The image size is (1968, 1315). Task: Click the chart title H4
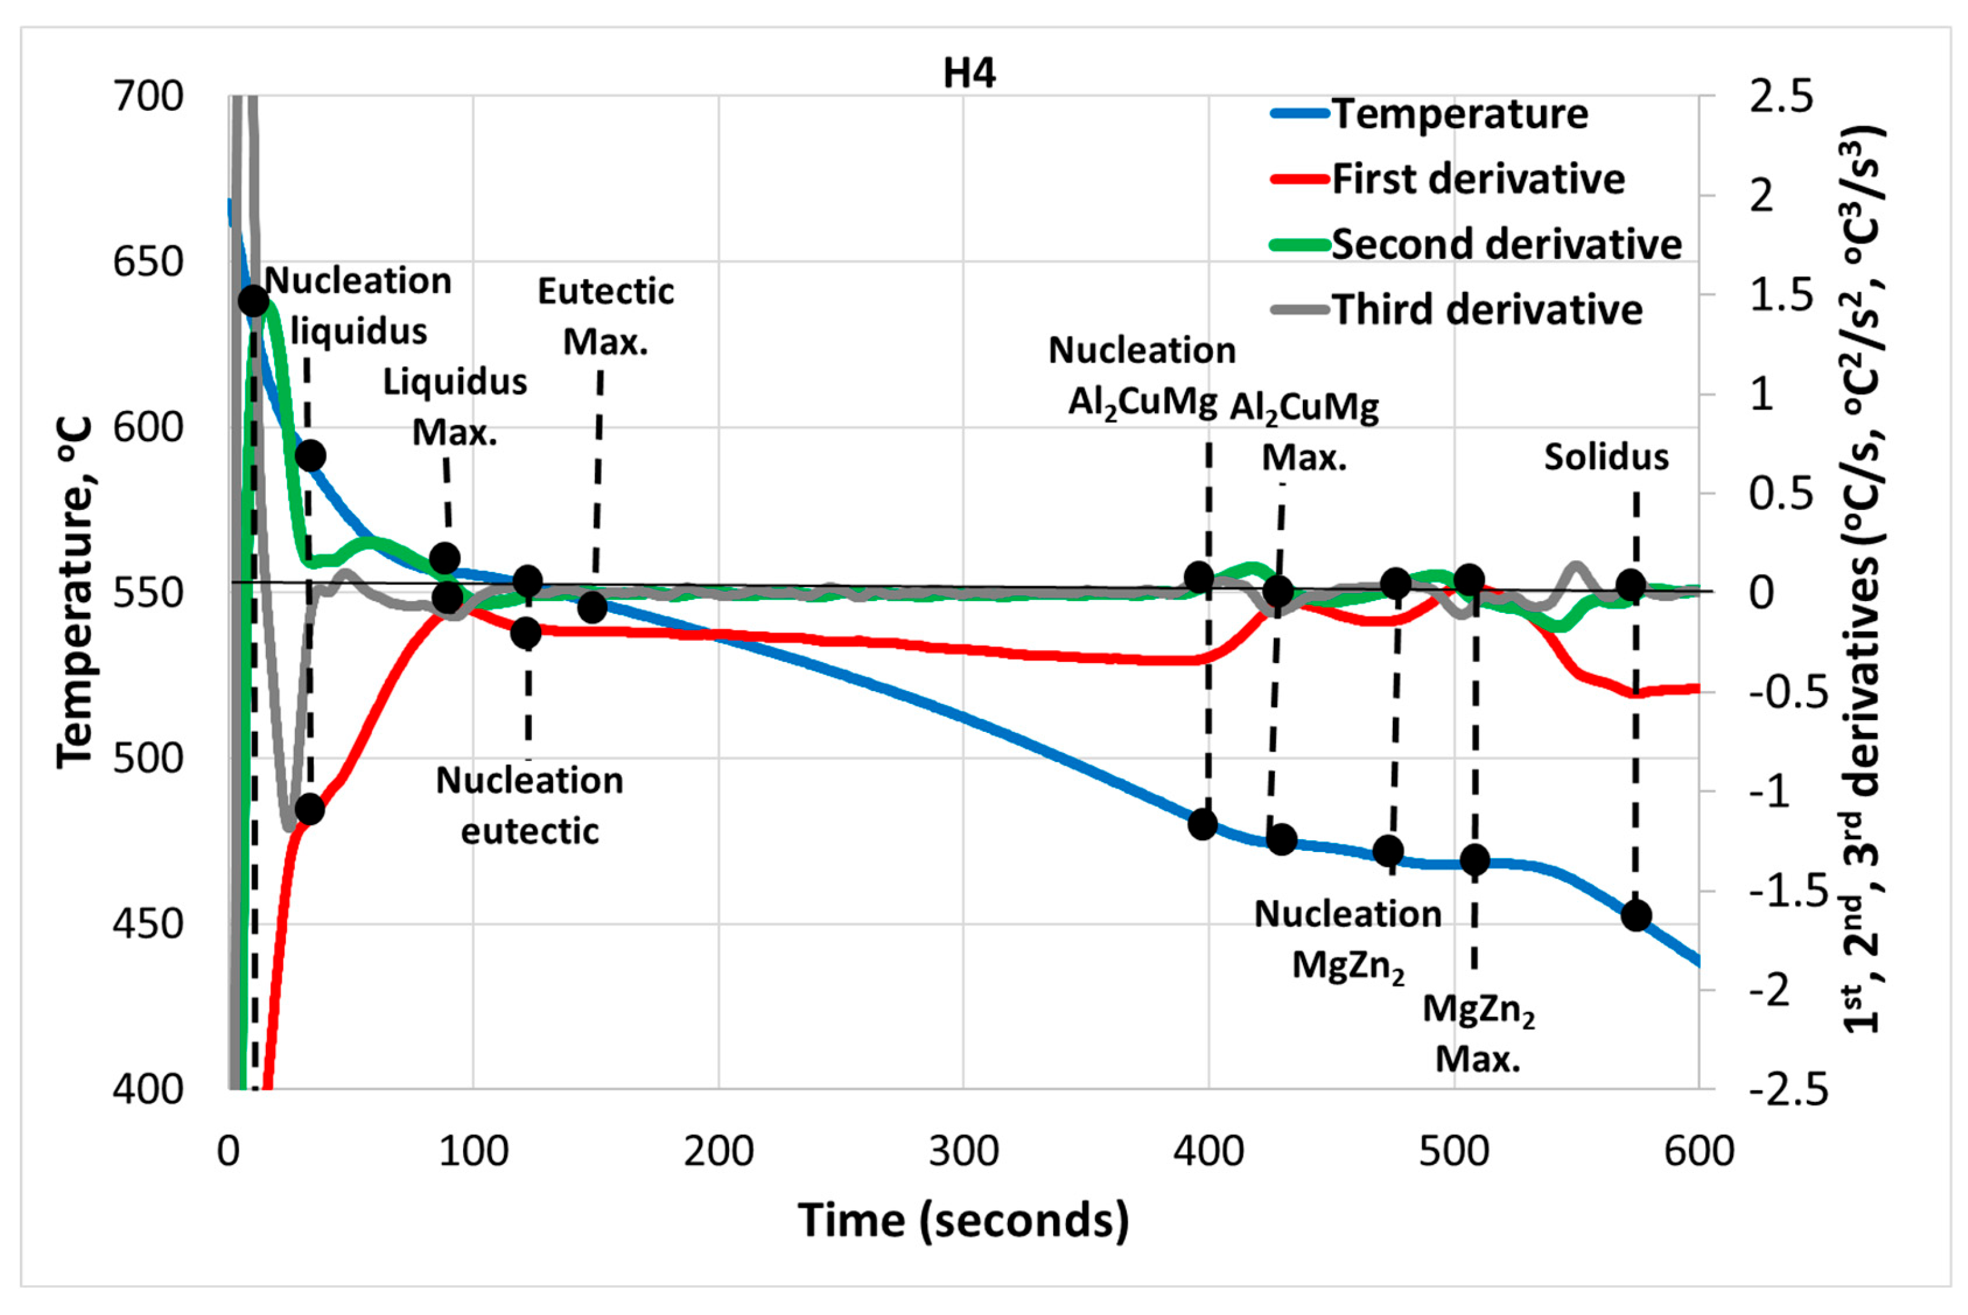pyautogui.click(x=969, y=73)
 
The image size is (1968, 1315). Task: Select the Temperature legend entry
pyautogui.click(x=1429, y=113)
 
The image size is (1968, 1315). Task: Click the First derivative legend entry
pyautogui.click(x=1448, y=178)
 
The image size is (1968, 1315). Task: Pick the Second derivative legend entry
pyautogui.click(x=1476, y=244)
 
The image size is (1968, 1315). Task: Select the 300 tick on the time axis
pyautogui.click(x=964, y=1151)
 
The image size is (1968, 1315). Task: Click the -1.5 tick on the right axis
pyautogui.click(x=1788, y=891)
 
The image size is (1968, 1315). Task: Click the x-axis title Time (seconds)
pyautogui.click(x=963, y=1220)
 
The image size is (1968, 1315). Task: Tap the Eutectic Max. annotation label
pyautogui.click(x=606, y=316)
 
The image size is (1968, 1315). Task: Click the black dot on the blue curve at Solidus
pyautogui.click(x=1636, y=915)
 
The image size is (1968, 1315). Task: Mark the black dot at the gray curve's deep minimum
pyautogui.click(x=309, y=809)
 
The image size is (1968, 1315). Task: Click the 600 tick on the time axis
pyautogui.click(x=1699, y=1151)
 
